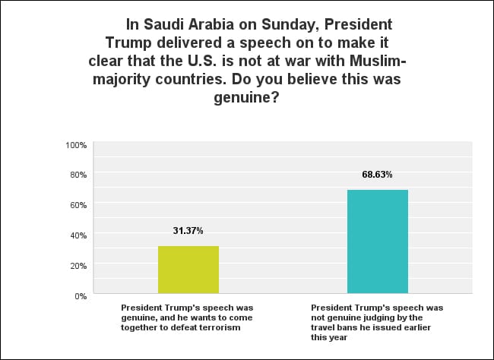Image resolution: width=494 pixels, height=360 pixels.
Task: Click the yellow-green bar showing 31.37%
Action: [x=188, y=270]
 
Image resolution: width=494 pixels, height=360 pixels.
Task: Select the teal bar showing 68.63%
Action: [x=377, y=242]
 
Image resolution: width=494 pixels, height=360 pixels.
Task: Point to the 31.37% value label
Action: [x=188, y=231]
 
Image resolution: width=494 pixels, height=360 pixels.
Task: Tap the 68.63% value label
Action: [x=377, y=175]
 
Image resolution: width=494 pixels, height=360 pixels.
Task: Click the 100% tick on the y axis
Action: [x=77, y=144]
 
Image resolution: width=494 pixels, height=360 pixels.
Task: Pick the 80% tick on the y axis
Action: [x=79, y=175]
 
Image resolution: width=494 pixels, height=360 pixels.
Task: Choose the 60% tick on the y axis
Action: [x=79, y=205]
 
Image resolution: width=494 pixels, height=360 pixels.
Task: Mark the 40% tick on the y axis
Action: [x=79, y=235]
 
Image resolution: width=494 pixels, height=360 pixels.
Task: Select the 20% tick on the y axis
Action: [x=79, y=266]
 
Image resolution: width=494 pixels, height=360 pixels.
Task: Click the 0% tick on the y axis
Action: [x=81, y=295]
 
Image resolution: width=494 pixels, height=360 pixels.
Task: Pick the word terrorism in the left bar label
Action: [x=218, y=327]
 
